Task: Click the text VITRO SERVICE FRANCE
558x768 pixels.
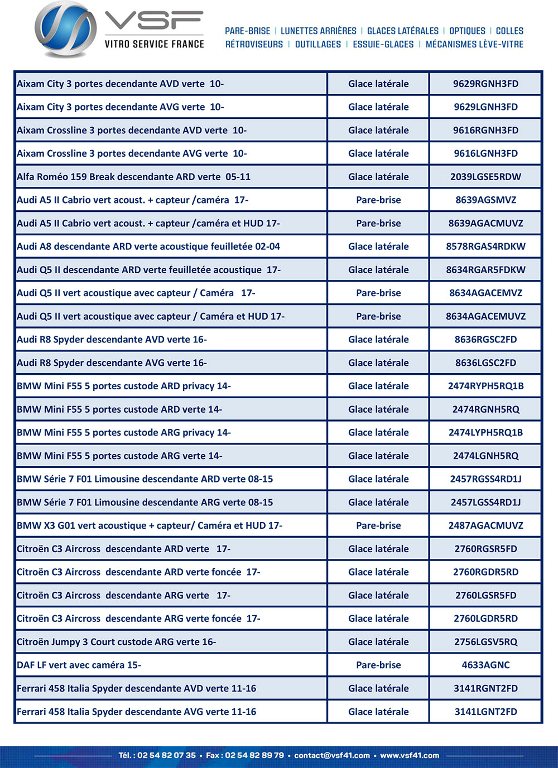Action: [x=154, y=44]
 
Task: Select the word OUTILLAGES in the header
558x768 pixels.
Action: [x=318, y=45]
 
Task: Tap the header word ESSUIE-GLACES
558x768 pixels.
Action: [x=383, y=45]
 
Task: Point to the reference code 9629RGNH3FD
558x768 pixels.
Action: [x=485, y=84]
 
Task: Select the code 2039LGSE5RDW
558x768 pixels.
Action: [x=485, y=177]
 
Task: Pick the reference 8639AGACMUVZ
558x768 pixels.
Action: [x=485, y=223]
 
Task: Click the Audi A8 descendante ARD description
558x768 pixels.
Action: [x=148, y=247]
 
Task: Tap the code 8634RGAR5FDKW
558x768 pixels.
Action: [x=485, y=270]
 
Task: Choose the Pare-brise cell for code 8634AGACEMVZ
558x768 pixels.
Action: [x=378, y=293]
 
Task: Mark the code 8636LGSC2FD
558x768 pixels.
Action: [x=485, y=363]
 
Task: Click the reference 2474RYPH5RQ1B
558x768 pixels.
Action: [x=485, y=386]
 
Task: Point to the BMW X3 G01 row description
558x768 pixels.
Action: [x=150, y=525]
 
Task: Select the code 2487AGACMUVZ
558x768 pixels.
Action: [x=485, y=525]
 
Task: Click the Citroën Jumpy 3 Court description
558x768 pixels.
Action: [x=116, y=642]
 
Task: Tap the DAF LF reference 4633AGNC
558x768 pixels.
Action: [x=485, y=665]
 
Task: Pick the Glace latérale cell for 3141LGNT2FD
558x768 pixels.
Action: [x=378, y=712]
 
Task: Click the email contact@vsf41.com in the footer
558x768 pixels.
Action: [x=332, y=755]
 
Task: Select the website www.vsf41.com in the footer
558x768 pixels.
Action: [x=410, y=755]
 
